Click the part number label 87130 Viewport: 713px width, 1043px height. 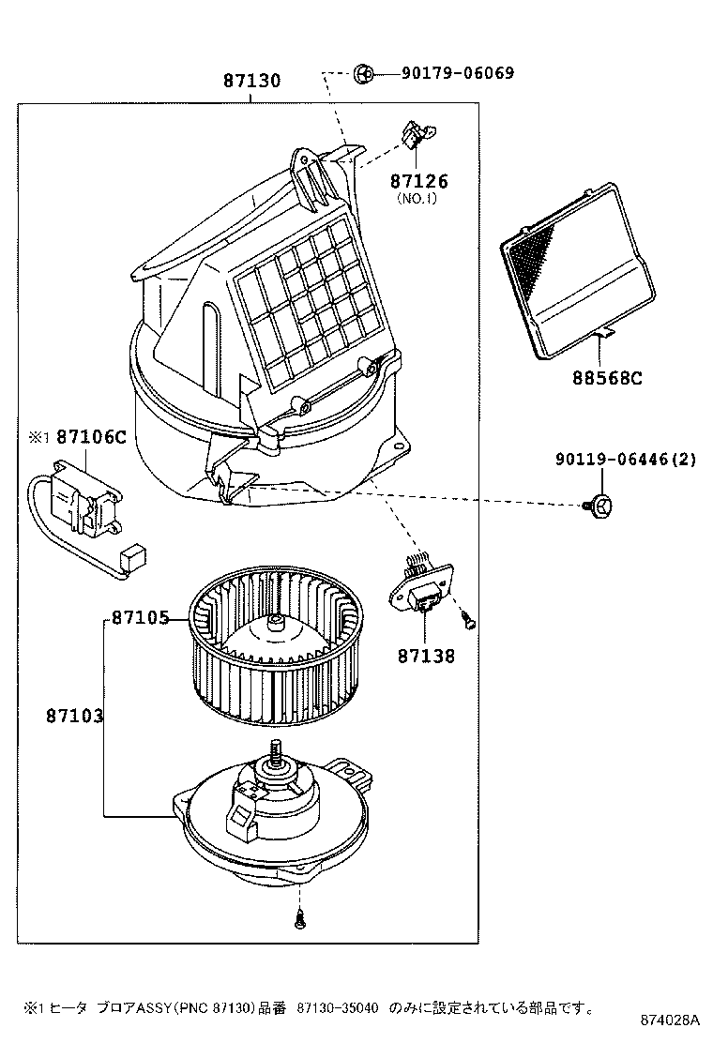pyautogui.click(x=251, y=82)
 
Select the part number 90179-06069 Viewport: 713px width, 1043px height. pyautogui.click(x=458, y=72)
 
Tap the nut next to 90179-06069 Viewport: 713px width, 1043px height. pyautogui.click(x=366, y=73)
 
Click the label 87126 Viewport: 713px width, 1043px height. pyautogui.click(x=419, y=181)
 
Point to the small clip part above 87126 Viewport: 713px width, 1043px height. pyautogui.click(x=413, y=137)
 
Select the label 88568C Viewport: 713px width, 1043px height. pyautogui.click(x=607, y=378)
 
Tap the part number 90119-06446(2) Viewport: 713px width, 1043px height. pyautogui.click(x=626, y=460)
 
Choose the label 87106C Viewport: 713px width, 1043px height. pyautogui.click(x=90, y=437)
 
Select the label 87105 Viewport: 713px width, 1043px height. pyautogui.click(x=140, y=618)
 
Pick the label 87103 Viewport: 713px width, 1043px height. pyautogui.click(x=74, y=716)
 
